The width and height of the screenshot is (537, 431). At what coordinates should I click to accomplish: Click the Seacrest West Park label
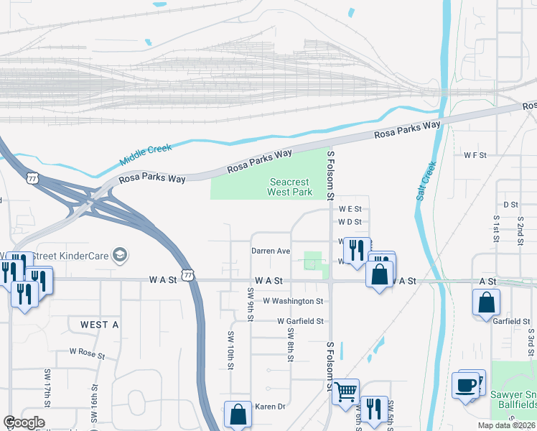click(x=289, y=187)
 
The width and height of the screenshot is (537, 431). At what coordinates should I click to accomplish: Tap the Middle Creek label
click(x=146, y=153)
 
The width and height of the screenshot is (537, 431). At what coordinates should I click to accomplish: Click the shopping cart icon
click(x=345, y=392)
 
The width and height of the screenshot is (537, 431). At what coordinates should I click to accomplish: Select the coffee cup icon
click(x=465, y=386)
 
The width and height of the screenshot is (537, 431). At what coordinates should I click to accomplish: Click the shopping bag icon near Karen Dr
click(x=238, y=414)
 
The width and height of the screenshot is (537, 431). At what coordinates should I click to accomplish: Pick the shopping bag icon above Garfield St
click(x=486, y=301)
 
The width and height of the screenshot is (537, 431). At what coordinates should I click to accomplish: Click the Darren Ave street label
click(x=271, y=251)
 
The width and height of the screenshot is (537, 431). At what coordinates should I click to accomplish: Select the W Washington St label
click(x=293, y=301)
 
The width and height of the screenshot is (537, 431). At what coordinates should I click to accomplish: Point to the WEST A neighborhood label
click(x=99, y=325)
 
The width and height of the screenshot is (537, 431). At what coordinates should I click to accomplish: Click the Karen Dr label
click(x=271, y=407)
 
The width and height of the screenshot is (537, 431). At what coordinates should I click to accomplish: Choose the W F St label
click(x=475, y=154)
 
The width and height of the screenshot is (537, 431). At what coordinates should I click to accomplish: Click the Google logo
click(x=24, y=422)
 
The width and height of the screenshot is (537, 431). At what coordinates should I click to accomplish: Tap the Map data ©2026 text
click(x=505, y=425)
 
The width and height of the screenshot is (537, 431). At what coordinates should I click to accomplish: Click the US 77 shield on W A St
click(x=187, y=275)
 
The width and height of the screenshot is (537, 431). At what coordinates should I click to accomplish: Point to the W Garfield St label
click(x=301, y=321)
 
